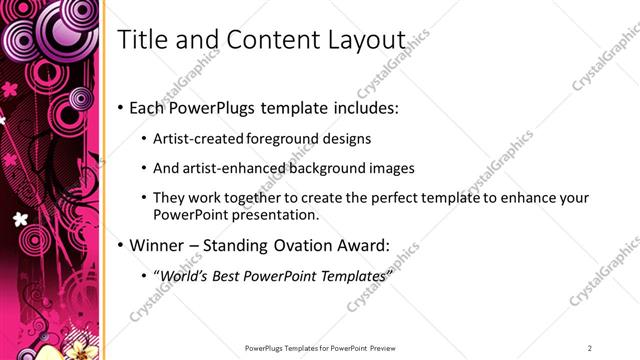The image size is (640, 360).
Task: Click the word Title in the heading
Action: (141, 41)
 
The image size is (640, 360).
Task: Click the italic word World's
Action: (183, 275)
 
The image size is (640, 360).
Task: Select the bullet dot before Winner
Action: (121, 245)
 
